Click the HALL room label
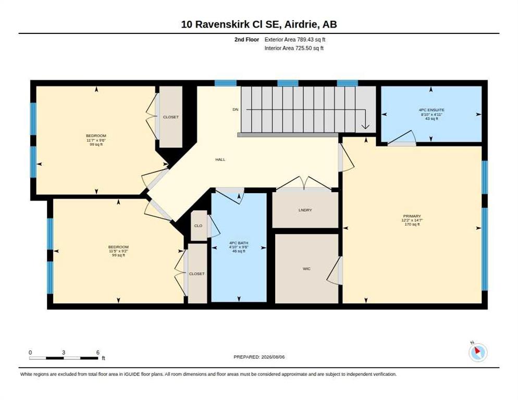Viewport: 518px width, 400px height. click(220, 159)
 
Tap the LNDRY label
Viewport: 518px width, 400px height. click(305, 210)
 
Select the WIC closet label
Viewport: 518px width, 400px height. click(306, 269)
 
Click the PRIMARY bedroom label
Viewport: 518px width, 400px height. click(412, 216)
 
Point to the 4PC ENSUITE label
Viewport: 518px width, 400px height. click(431, 110)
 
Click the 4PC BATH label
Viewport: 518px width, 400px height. click(239, 243)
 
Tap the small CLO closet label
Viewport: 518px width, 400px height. click(198, 226)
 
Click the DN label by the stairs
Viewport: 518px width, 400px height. click(235, 110)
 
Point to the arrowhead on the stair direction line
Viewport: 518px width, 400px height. click(365, 127)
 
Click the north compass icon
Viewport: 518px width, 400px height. click(478, 353)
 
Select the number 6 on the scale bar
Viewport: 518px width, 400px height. click(98, 353)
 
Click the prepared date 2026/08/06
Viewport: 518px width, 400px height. click(273, 357)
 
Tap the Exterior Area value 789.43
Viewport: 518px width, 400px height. click(304, 40)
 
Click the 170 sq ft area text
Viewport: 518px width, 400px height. click(412, 224)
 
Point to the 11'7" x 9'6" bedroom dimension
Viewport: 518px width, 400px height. click(96, 140)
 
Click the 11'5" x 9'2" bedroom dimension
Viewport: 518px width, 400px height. click(118, 251)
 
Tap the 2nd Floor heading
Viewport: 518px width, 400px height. click(247, 40)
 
